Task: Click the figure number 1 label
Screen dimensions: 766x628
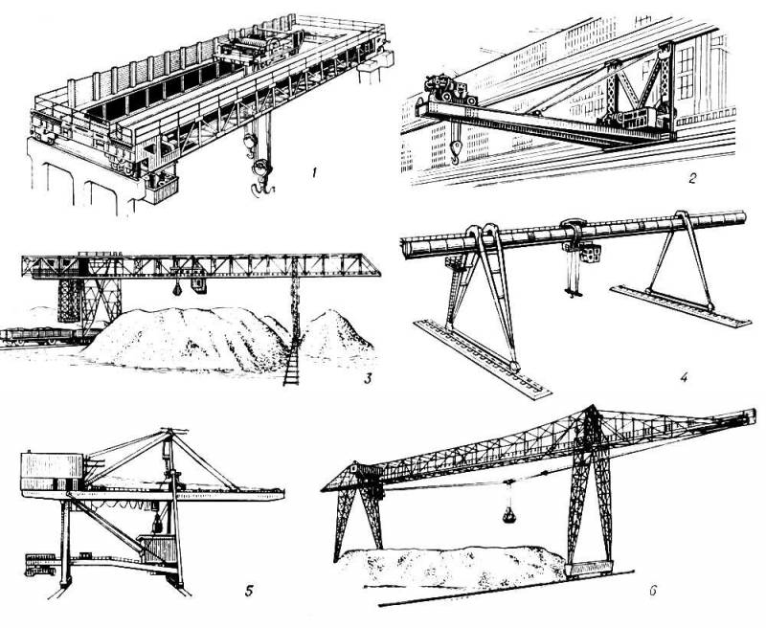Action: tap(315, 172)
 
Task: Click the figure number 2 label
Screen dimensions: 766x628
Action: tap(691, 178)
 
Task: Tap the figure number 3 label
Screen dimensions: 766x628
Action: tap(368, 378)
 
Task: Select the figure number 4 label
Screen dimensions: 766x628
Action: tap(684, 377)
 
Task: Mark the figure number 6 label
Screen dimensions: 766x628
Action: tap(653, 592)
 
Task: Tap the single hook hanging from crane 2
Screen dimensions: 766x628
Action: tap(456, 151)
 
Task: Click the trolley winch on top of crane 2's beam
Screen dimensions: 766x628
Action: tap(448, 90)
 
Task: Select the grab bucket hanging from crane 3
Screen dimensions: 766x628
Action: tap(177, 289)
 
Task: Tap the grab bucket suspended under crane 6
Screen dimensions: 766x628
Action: tap(509, 514)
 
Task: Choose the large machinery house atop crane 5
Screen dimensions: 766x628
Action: tap(53, 472)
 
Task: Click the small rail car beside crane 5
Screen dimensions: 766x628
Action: tap(40, 565)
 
